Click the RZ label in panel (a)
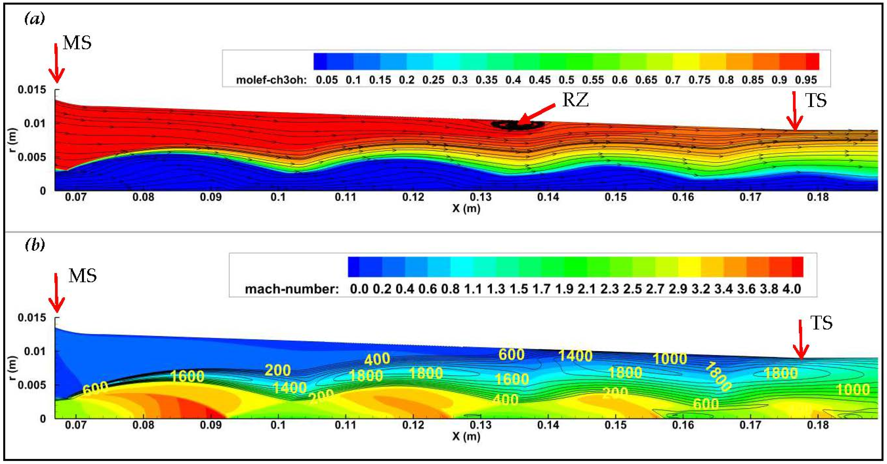575,100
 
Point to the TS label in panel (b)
821,323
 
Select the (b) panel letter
35,245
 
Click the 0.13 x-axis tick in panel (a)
481,197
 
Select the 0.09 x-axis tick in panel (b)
211,425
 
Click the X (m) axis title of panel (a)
466,209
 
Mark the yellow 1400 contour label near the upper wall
575,355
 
